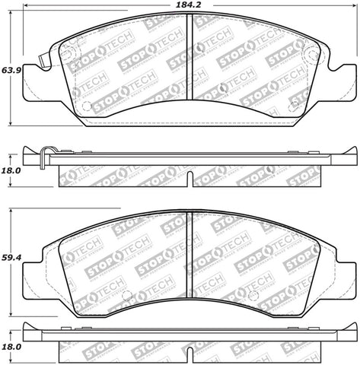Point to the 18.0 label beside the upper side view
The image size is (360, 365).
coord(8,171)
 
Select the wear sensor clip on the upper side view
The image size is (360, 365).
coord(46,156)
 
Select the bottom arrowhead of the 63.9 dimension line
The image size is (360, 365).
coord(10,125)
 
